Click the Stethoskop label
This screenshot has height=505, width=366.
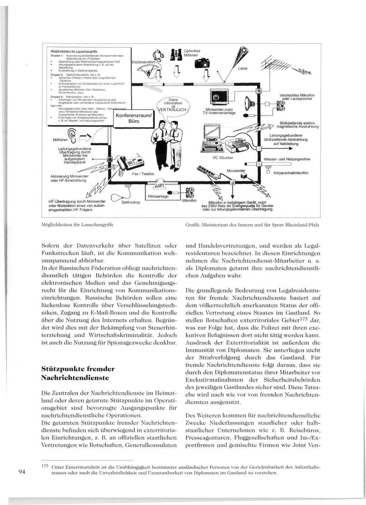point(131,202)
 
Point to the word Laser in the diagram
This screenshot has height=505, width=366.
point(242,69)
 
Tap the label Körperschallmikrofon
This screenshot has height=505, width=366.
point(291,173)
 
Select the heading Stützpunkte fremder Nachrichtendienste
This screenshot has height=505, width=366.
point(78,373)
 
